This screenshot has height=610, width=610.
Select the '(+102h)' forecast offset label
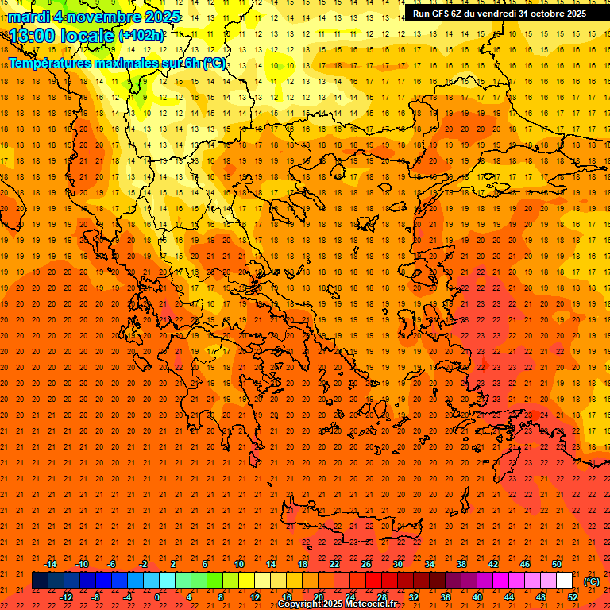(141, 36)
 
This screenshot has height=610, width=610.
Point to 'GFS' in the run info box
(443, 14)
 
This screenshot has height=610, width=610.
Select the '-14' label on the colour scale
(51, 564)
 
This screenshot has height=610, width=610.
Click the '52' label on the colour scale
(573, 597)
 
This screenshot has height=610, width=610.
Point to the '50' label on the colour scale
(557, 564)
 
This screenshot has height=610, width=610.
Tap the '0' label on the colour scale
(157, 597)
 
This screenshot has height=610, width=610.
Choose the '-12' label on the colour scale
(66, 597)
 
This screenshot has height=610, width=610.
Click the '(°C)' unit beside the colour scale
(592, 581)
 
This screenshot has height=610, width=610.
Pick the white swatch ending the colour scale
(564, 581)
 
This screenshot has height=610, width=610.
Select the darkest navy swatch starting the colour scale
(39, 581)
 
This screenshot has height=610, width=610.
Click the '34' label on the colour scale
(430, 564)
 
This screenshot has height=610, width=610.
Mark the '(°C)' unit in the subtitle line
(215, 63)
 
